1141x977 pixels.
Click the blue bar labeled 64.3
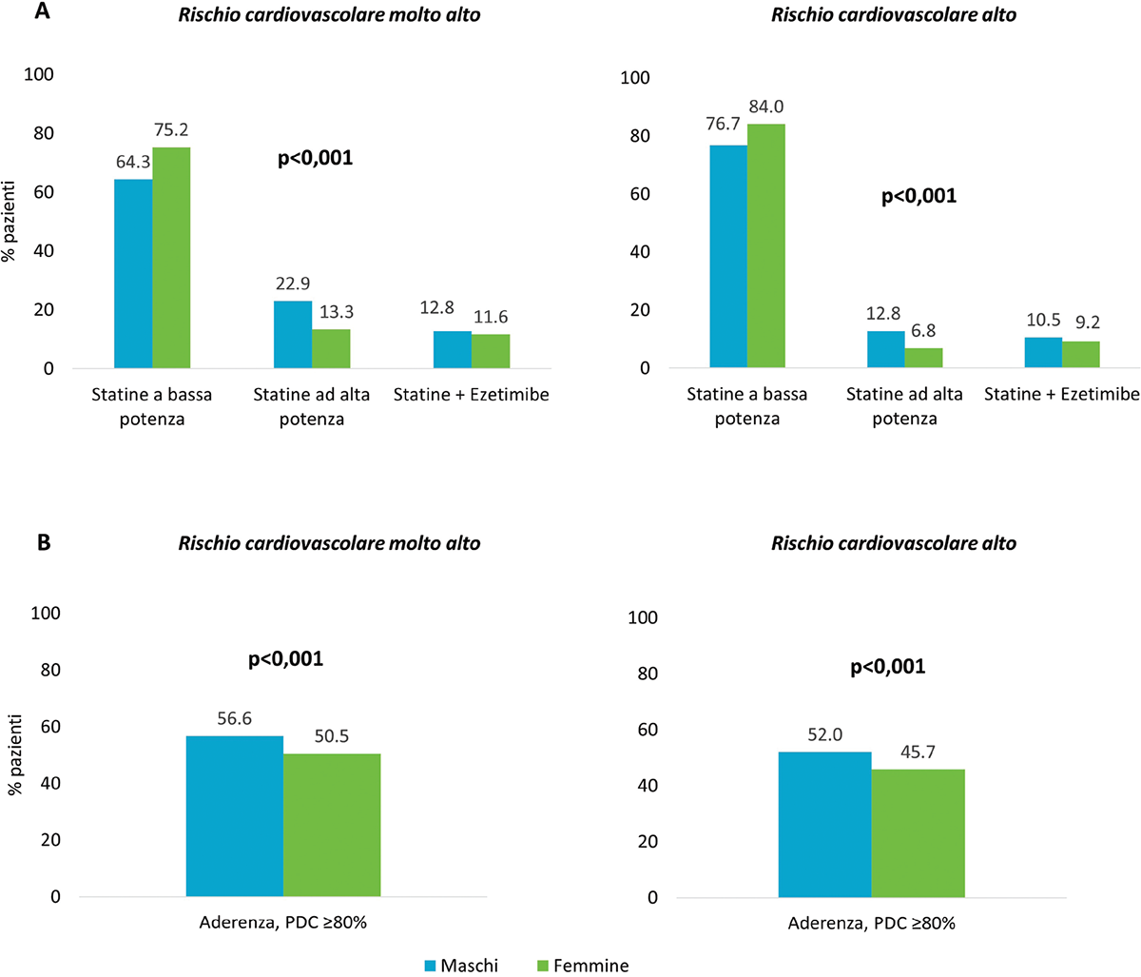[133, 274]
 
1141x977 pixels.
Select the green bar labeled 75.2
[171, 258]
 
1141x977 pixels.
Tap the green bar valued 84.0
[765, 245]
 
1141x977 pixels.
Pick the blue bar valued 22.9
[293, 335]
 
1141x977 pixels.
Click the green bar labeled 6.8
[923, 358]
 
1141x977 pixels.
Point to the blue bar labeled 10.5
[1043, 352]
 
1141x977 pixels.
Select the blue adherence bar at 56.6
[235, 816]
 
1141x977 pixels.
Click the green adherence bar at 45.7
[918, 833]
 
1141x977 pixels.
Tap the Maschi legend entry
[460, 966]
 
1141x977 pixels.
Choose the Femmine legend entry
[581, 966]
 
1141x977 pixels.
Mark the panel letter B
[15, 542]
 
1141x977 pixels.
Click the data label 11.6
[492, 317]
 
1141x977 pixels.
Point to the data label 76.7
[727, 126]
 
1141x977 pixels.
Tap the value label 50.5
[332, 735]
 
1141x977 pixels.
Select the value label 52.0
[824, 733]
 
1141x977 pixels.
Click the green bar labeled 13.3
[331, 348]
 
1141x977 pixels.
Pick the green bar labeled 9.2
[1081, 355]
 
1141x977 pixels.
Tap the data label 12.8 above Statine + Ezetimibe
[436, 307]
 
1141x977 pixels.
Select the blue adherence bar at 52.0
[824, 825]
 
